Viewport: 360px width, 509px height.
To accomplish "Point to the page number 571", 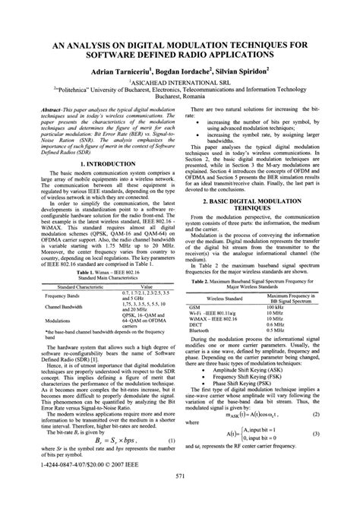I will [x=180, y=498].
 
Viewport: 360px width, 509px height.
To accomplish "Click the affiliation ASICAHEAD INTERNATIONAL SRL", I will [x=179, y=79].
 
